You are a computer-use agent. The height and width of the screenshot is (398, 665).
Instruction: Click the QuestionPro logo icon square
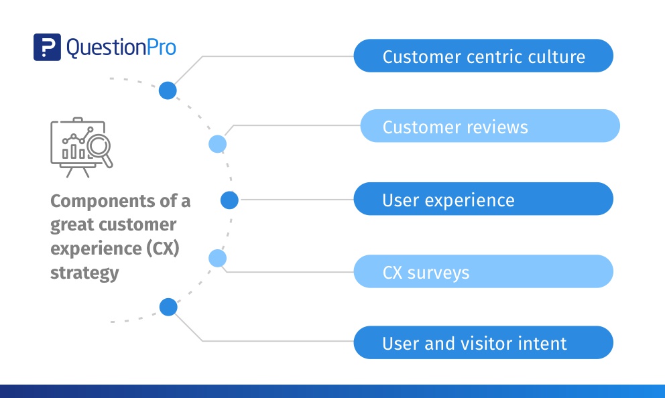47,48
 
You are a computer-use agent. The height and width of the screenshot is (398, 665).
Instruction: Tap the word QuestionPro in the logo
121,48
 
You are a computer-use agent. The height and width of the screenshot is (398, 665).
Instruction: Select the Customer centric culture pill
483,56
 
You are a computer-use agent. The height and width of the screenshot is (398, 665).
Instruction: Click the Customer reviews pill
490,127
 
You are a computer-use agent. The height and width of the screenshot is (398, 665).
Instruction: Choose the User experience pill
483,200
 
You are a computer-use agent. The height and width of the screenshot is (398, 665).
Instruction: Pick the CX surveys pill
483,272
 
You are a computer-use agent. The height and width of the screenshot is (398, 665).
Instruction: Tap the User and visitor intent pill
483,343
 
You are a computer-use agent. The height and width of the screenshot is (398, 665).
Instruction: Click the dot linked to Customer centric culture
168,90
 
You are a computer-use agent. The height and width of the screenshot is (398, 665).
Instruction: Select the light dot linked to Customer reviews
218,143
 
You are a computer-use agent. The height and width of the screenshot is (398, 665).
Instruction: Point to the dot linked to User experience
229,200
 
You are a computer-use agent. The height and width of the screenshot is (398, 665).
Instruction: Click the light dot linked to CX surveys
218,258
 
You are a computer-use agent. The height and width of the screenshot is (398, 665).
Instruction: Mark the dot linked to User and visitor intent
168,307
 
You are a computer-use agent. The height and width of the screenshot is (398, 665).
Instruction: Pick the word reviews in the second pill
496,127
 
